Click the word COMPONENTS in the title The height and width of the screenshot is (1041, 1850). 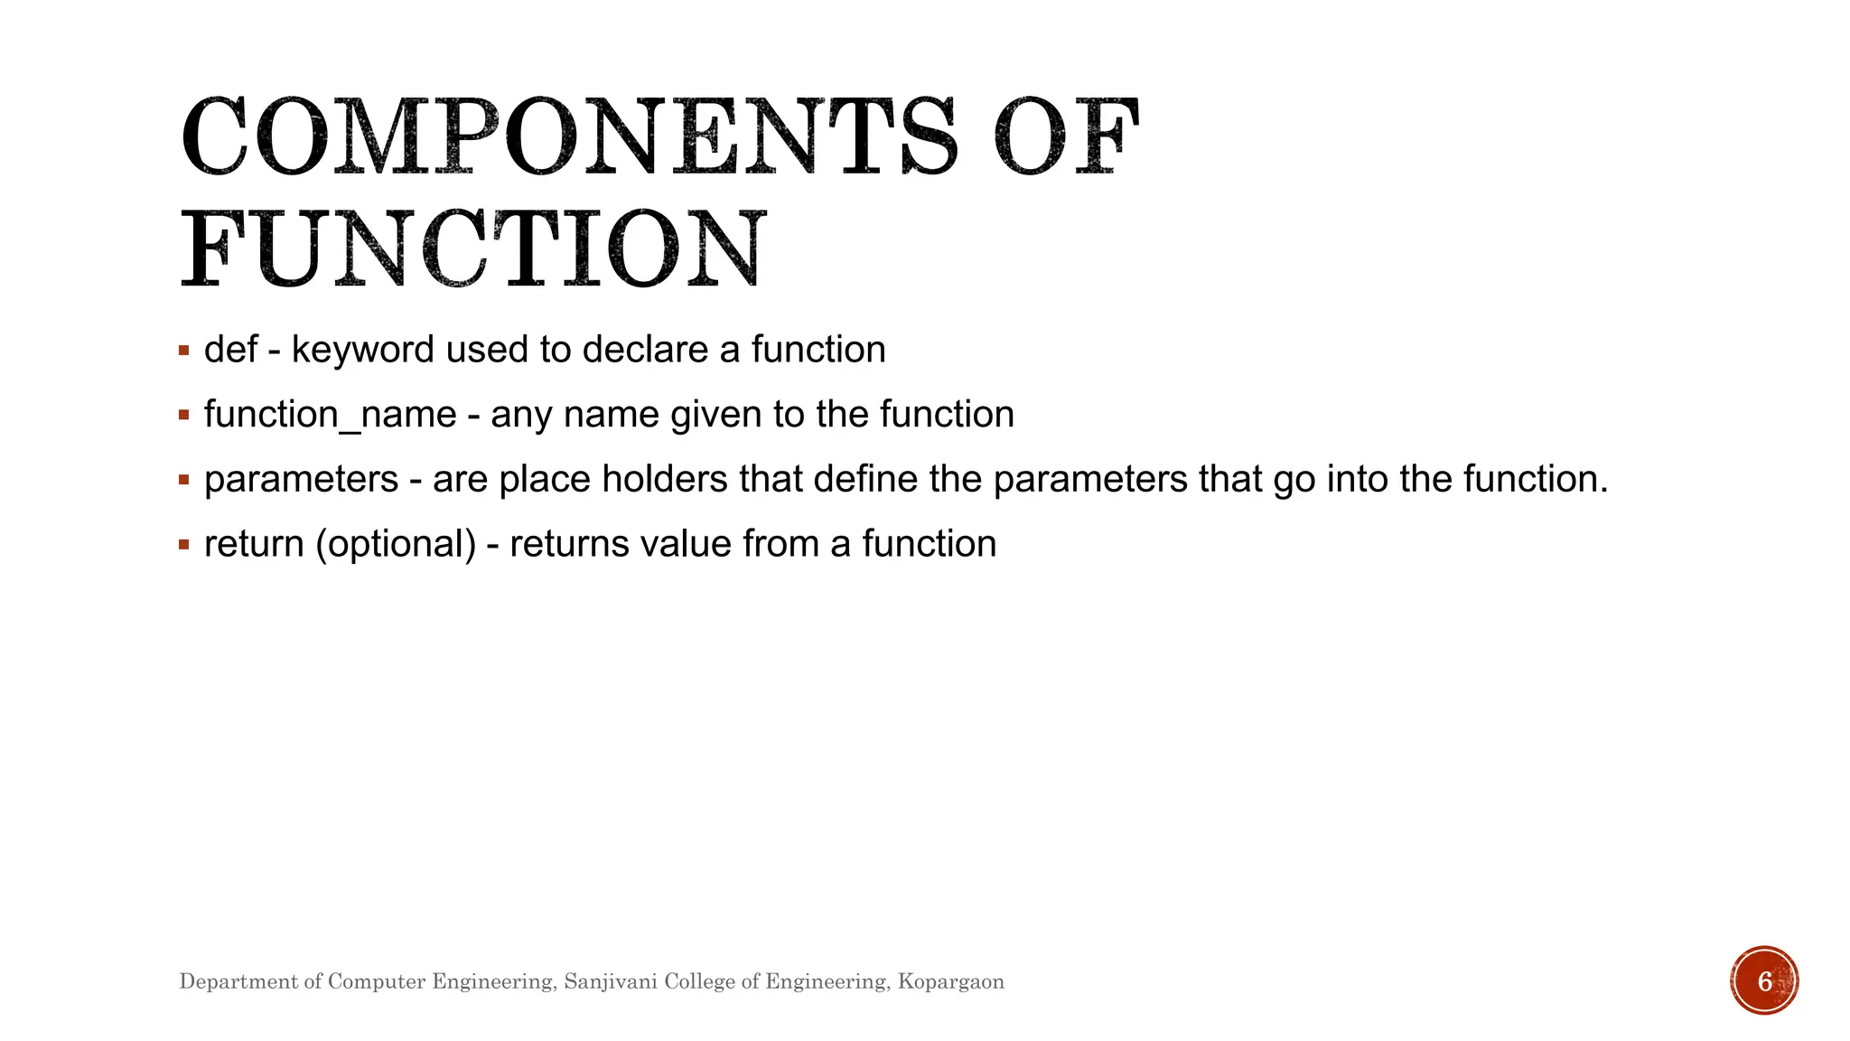[x=569, y=137]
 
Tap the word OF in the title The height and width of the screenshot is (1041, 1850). [x=1066, y=137]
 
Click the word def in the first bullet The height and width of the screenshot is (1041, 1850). [x=230, y=350]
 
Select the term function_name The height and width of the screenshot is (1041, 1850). [x=330, y=415]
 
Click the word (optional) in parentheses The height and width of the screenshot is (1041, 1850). [x=396, y=544]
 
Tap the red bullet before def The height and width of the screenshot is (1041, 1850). [x=184, y=351]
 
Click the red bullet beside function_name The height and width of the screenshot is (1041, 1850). [x=184, y=416]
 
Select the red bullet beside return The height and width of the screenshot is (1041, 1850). [x=184, y=545]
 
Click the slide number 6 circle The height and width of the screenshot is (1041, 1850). [x=1764, y=980]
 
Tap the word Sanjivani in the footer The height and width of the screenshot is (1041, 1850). [x=610, y=981]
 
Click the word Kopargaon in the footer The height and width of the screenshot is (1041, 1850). [x=950, y=981]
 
